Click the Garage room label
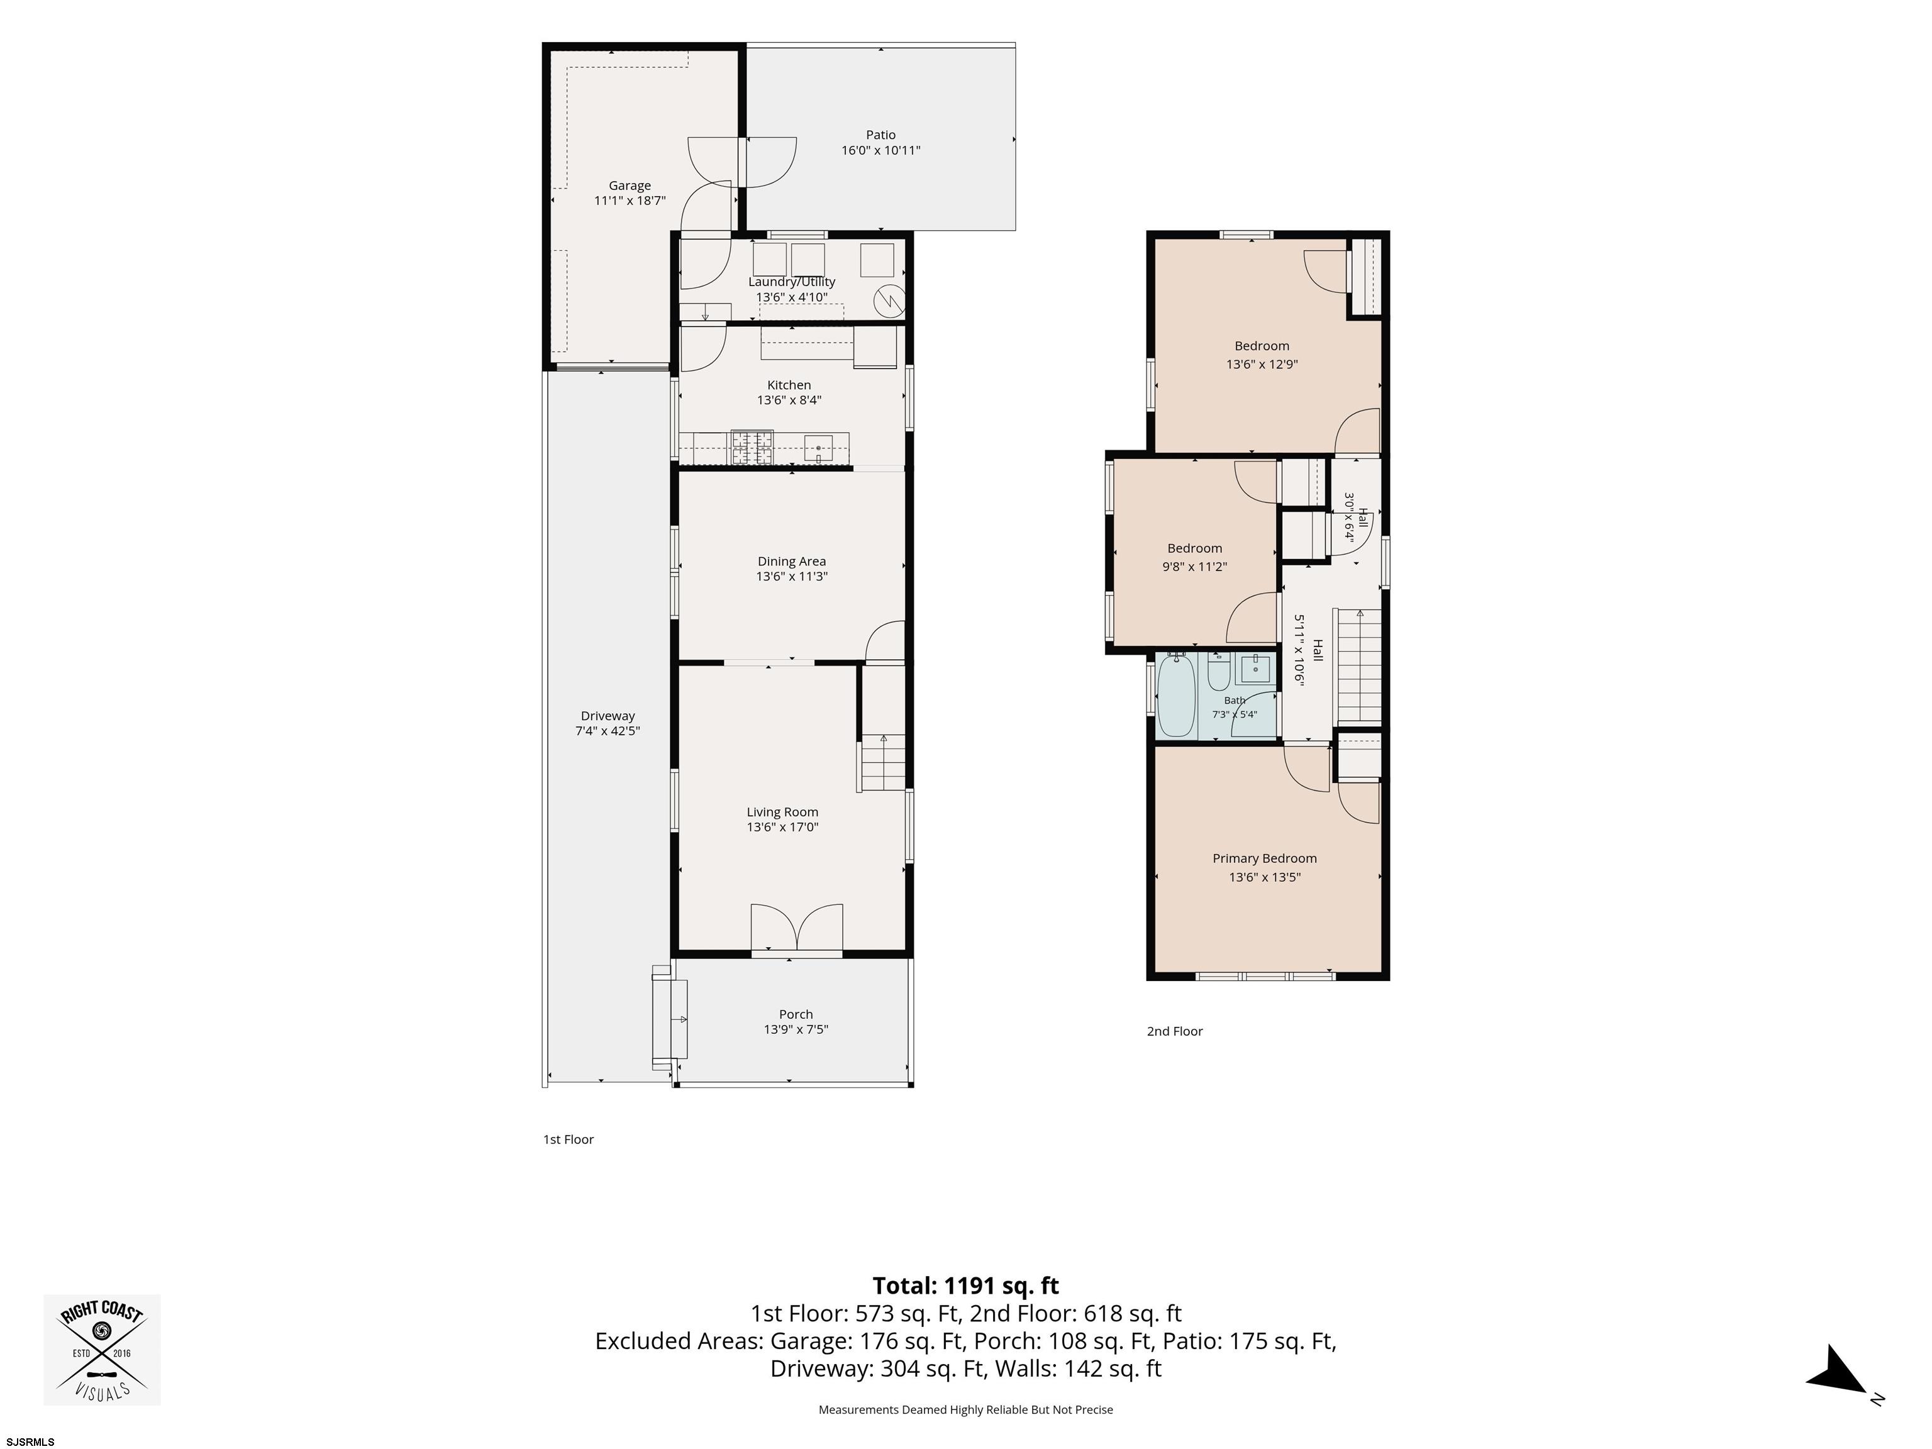coord(630,185)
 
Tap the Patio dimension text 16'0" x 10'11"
coord(880,150)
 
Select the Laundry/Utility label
coord(791,281)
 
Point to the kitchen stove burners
coord(752,447)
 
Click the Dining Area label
coord(791,562)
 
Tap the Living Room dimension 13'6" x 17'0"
coord(782,827)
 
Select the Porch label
coord(796,1014)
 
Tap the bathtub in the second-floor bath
coord(1175,697)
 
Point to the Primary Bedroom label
coord(1265,858)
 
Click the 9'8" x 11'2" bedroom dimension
coord(1195,566)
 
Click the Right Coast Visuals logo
coord(102,1350)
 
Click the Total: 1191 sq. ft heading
coord(965,1285)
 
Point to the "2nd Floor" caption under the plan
coord(1175,1031)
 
